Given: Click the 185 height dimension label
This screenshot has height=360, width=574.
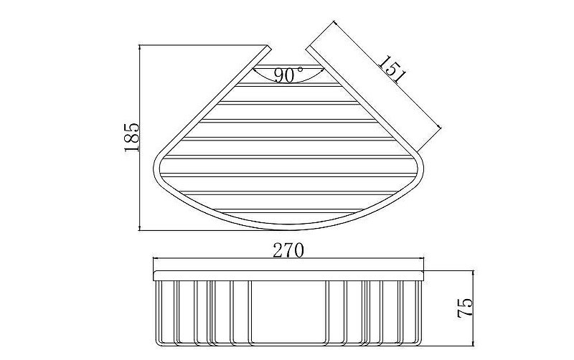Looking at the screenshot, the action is coord(132,137).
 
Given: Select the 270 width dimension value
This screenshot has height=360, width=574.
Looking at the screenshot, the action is coord(288,250).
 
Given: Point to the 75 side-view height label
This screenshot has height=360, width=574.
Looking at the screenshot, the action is coord(465,308).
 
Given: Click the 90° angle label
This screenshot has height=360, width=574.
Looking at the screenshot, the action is coord(289,75).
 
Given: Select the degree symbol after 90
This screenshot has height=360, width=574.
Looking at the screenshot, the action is coord(301,69).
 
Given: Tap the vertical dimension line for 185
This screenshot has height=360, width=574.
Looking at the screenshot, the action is coord(140,138).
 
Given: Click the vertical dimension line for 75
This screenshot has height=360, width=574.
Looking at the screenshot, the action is coord(474,308).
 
